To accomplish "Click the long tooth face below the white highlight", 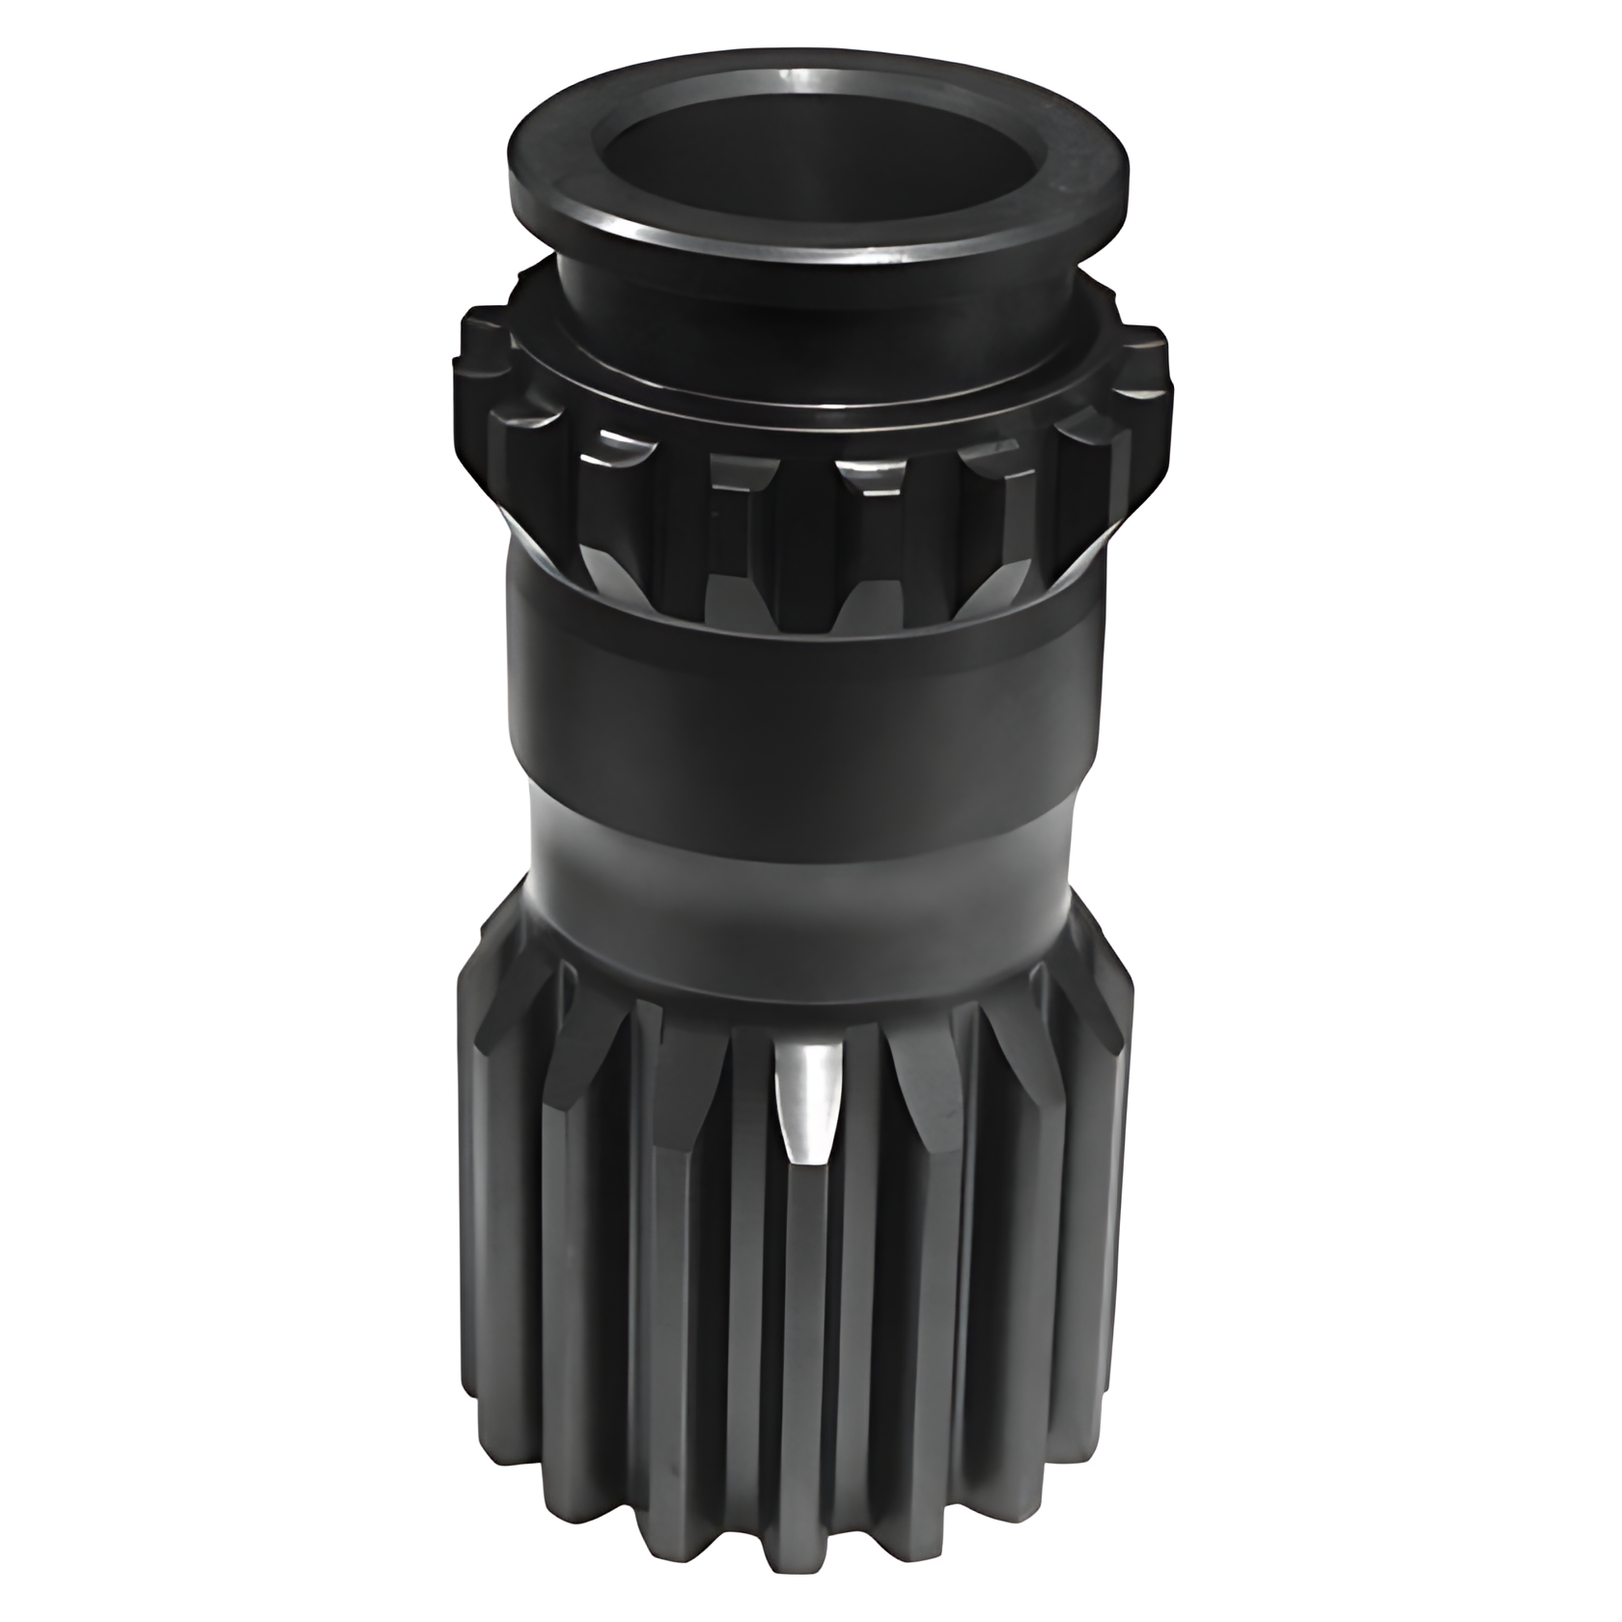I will tap(806, 1352).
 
